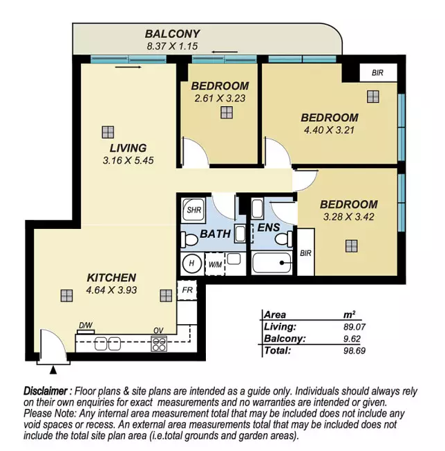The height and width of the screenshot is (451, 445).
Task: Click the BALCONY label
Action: [x=172, y=34]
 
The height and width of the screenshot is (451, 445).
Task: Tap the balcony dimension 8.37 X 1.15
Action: [x=172, y=46]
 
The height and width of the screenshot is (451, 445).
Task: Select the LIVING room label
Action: [x=128, y=148]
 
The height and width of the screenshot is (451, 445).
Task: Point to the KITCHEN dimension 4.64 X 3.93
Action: [x=111, y=290]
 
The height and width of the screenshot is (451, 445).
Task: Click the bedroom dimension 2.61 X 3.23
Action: [x=220, y=99]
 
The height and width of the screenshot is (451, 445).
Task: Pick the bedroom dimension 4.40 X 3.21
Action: [x=329, y=130]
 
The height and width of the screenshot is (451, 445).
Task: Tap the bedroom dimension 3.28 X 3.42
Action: [x=349, y=217]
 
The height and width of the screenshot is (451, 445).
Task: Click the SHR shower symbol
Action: [x=193, y=210]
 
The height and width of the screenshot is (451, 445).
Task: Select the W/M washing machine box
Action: [x=215, y=264]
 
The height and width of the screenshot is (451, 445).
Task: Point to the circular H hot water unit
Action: [x=191, y=263]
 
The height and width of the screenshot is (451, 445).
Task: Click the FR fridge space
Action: [x=187, y=290]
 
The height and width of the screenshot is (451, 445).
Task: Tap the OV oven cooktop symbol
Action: [x=159, y=343]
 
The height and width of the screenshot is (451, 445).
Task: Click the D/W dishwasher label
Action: [x=86, y=325]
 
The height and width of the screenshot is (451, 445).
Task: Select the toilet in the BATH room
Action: [x=189, y=239]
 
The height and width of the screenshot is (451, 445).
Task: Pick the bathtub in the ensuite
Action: [x=272, y=263]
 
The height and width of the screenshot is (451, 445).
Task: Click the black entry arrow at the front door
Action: [x=53, y=370]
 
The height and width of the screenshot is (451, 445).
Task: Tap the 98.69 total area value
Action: [x=354, y=350]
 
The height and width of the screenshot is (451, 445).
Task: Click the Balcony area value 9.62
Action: [x=352, y=339]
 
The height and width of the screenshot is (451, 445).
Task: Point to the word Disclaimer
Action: [x=46, y=391]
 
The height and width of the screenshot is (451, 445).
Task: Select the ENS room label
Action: [x=268, y=228]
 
